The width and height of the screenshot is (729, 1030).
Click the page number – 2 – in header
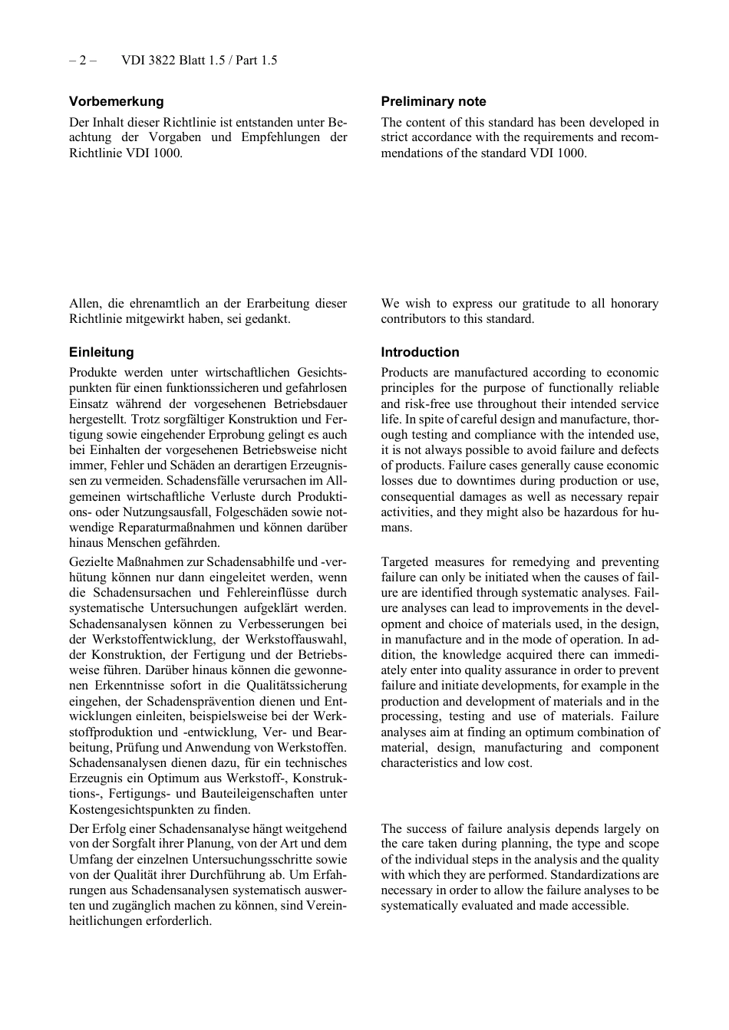82,61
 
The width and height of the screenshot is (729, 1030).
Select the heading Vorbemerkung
116,101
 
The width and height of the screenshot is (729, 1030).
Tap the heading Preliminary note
434,101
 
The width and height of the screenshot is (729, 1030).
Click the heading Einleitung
101,352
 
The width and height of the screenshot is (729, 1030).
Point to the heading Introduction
420,352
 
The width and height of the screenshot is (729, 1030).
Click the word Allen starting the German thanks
84,304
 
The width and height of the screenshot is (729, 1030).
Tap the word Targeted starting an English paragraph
405,562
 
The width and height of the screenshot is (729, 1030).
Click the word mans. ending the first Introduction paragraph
396,528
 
